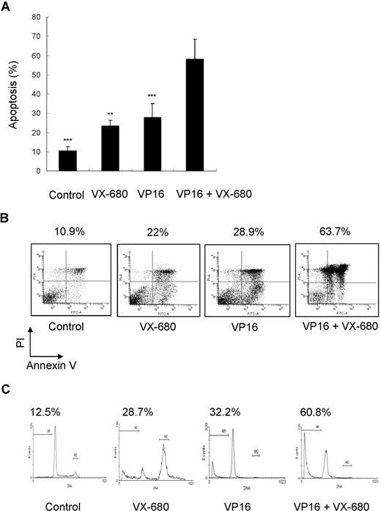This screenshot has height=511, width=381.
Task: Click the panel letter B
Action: pos(7,219)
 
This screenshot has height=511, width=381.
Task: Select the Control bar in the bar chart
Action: pos(67,161)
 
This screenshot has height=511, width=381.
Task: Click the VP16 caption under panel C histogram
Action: pos(231,504)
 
